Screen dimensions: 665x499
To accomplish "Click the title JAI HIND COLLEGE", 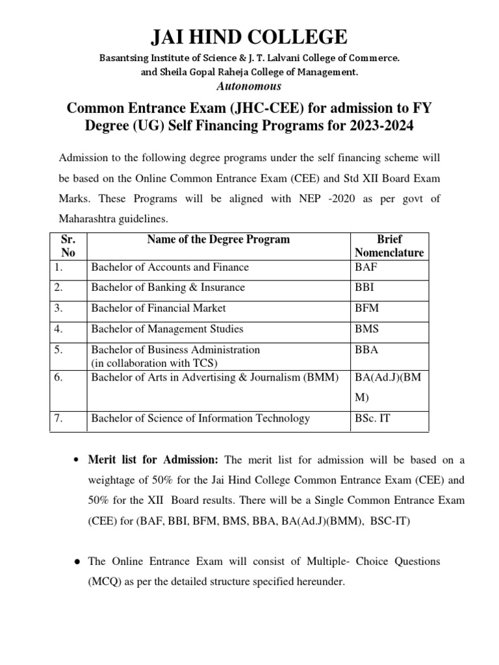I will (x=249, y=36).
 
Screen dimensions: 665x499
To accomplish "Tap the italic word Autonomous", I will (x=249, y=86).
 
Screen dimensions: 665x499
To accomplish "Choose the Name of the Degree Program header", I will (x=218, y=240).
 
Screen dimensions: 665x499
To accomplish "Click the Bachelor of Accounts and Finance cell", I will (x=170, y=267).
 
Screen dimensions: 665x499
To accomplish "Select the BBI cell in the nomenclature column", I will (x=364, y=287).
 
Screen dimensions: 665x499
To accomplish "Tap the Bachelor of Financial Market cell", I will (x=159, y=308).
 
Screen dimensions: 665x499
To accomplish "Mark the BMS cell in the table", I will (x=366, y=329).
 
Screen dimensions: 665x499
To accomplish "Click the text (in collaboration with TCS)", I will (x=154, y=362).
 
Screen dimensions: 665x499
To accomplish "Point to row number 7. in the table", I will (x=58, y=418).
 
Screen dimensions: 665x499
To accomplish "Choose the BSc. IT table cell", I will (x=372, y=418).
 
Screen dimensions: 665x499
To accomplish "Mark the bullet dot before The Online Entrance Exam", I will (x=76, y=561).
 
